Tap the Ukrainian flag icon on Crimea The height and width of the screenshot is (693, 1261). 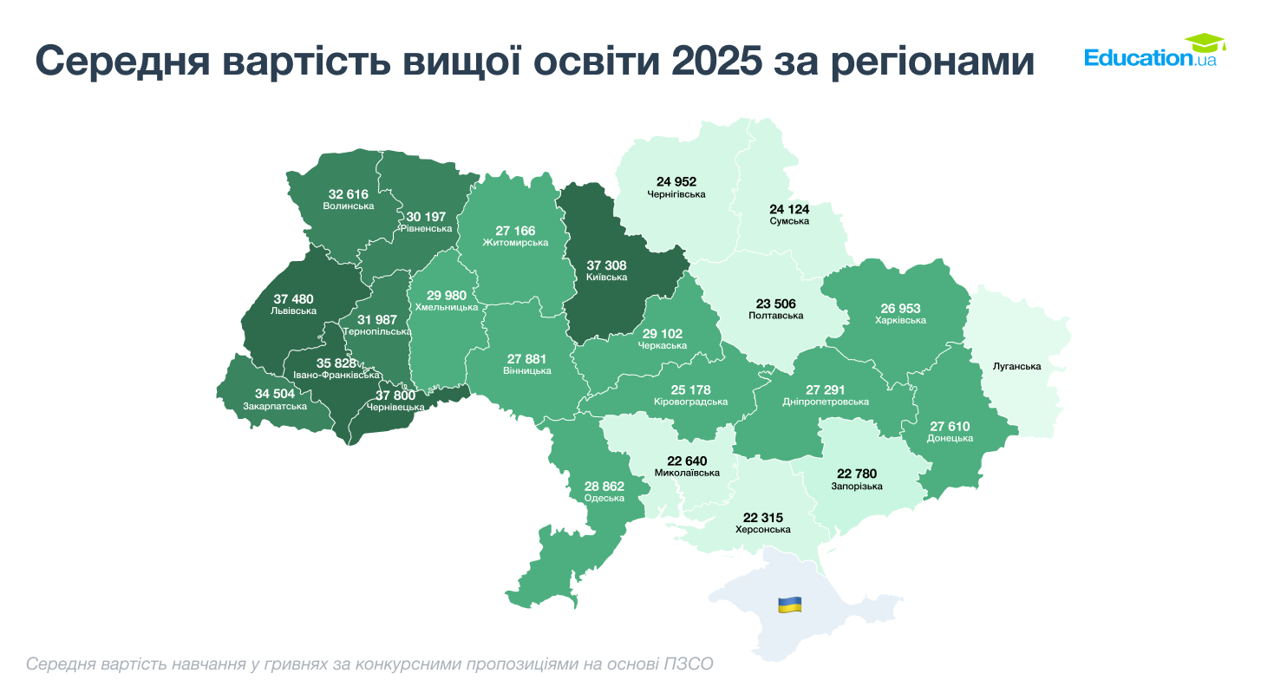point(789,605)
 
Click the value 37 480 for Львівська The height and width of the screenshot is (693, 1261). point(292,299)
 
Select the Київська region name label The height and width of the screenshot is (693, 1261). point(606,278)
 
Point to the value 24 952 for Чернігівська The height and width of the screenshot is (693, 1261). point(676,182)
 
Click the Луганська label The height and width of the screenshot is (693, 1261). point(1016,367)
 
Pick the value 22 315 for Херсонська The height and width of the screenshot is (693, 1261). point(763,517)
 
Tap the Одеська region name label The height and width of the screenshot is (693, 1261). point(604,498)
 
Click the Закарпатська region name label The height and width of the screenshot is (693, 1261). point(275,406)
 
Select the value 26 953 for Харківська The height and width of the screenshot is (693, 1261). point(900,308)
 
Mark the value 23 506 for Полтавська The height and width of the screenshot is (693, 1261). point(775,304)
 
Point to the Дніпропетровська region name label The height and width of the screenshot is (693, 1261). point(825,402)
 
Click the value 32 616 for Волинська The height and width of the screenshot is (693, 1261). point(348,194)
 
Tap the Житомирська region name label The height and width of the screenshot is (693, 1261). point(515,243)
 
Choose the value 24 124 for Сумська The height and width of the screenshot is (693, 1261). point(789,209)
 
